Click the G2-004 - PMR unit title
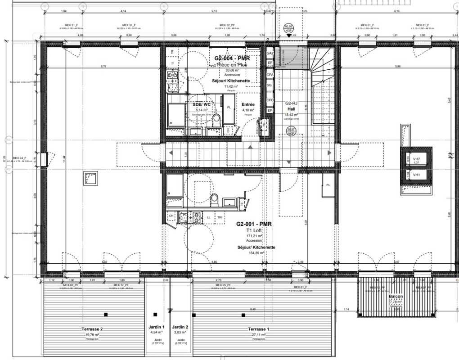click(232, 58)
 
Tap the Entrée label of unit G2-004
click(248, 104)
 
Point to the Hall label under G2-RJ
click(291, 109)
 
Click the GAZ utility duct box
click(270, 53)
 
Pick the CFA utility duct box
click(270, 75)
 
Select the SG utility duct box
click(270, 85)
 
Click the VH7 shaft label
click(417, 159)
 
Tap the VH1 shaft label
click(417, 175)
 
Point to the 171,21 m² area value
click(254, 235)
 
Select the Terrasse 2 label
click(92, 329)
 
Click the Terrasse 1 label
click(257, 329)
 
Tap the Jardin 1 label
click(157, 327)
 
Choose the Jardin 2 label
click(180, 327)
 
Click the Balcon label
click(396, 297)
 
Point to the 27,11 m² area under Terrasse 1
click(257, 335)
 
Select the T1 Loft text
click(254, 230)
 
